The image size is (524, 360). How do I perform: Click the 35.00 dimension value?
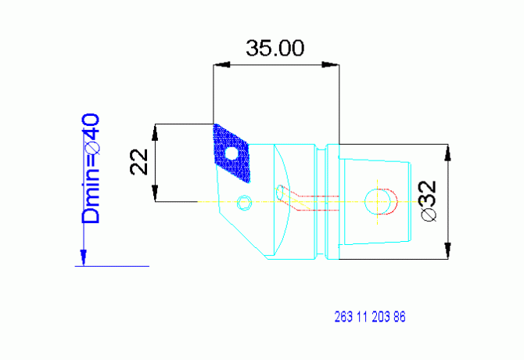(x=275, y=48)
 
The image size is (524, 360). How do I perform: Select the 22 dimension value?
(x=139, y=162)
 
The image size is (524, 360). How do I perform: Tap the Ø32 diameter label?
(x=429, y=201)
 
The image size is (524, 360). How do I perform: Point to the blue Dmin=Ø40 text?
(x=92, y=168)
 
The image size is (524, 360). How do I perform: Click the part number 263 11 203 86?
(x=369, y=317)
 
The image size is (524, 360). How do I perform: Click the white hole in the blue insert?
(x=231, y=149)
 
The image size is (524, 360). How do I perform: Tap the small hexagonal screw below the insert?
(x=245, y=202)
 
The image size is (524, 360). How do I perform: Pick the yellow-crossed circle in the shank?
(x=377, y=201)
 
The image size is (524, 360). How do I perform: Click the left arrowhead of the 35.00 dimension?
(x=220, y=66)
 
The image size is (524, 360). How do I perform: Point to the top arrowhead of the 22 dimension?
(x=156, y=129)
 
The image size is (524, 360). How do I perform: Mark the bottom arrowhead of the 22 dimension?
(x=156, y=196)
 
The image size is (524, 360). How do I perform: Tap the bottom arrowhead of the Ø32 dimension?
(x=447, y=253)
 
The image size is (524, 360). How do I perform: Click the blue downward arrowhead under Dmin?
(x=83, y=258)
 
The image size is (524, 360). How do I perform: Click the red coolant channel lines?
(x=313, y=197)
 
